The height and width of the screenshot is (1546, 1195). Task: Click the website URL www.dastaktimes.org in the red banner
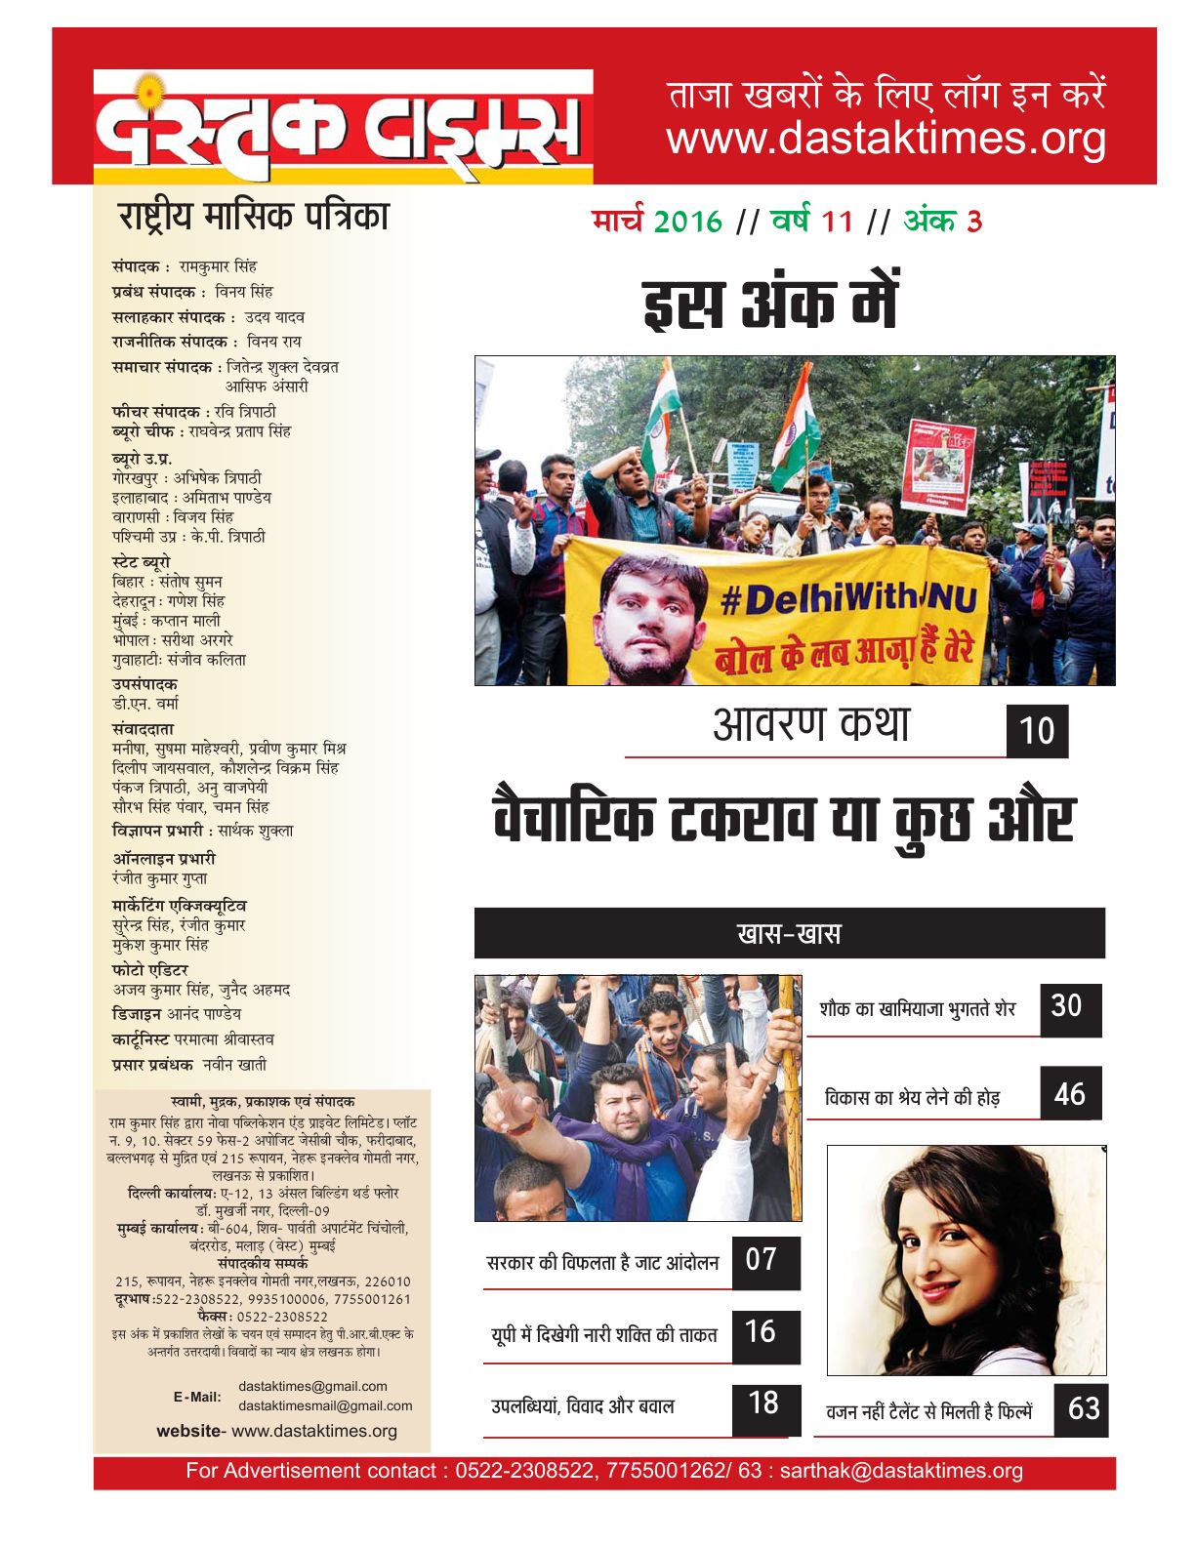pos(886,140)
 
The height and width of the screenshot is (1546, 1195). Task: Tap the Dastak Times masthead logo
pos(343,127)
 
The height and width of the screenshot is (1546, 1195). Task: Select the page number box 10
pos(1037,731)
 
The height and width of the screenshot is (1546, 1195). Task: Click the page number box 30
pos(1069,1008)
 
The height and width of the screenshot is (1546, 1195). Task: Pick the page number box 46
pos(1070,1093)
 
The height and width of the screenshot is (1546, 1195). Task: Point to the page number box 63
pos(1082,1409)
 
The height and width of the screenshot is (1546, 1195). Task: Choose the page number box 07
pos(764,1261)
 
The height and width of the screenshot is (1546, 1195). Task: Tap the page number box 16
pos(764,1334)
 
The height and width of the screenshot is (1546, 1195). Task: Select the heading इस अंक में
pos(770,304)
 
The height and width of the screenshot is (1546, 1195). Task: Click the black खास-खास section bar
pos(789,934)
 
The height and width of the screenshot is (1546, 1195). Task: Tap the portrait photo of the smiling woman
pos(966,1260)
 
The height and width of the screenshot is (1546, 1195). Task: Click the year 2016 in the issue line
pos(687,223)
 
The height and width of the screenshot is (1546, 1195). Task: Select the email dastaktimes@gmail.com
pos(312,1386)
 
